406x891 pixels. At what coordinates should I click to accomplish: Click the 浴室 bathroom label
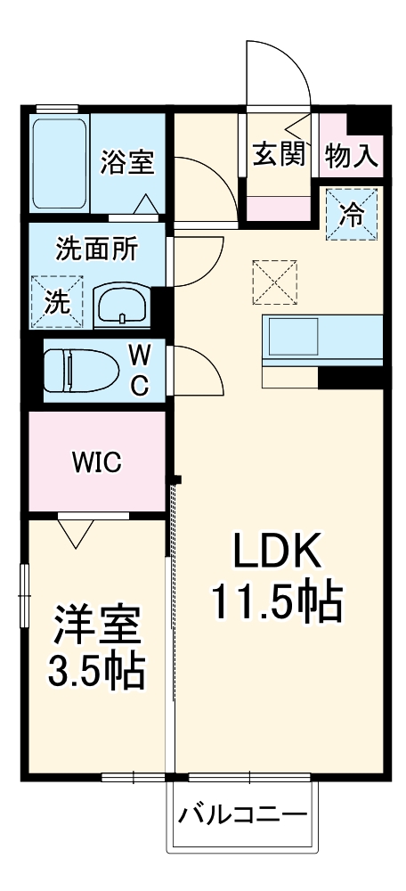(x=127, y=162)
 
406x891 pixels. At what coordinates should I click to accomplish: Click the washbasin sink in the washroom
(x=120, y=306)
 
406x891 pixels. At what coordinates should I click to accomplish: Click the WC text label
(x=141, y=369)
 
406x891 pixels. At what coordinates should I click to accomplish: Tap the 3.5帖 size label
(x=95, y=672)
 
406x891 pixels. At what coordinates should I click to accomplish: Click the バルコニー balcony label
(x=241, y=813)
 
